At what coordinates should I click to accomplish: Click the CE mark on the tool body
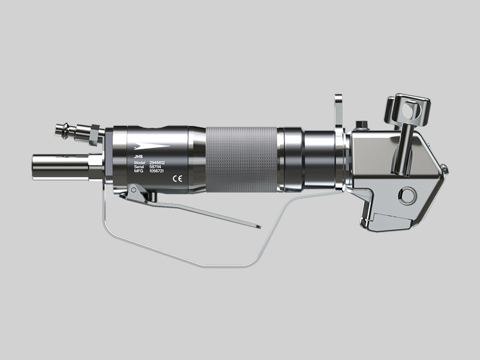178,178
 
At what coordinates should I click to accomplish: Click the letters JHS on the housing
138,156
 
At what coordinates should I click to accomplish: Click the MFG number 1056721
158,172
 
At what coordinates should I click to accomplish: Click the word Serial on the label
140,167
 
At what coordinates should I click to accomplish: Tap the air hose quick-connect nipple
65,128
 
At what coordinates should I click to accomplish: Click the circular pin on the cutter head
409,195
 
